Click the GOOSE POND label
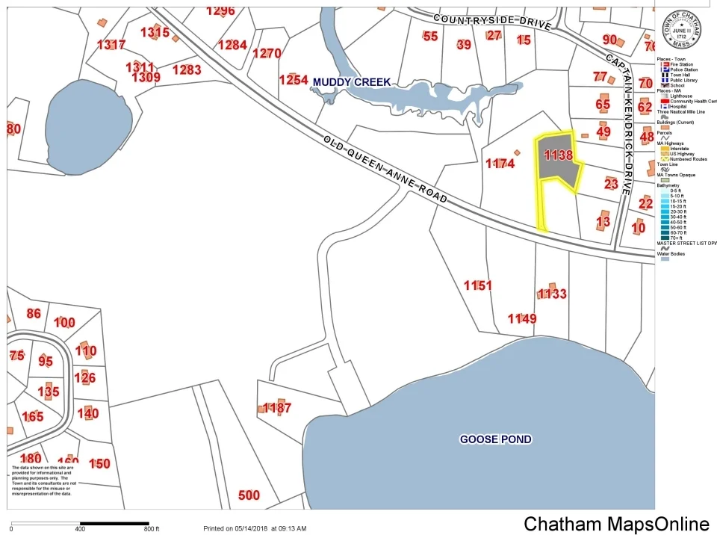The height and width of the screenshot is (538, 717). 495,439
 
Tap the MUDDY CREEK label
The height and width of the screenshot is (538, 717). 352,81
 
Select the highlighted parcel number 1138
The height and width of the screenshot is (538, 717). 559,155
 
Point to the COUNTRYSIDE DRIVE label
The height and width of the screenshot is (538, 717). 491,19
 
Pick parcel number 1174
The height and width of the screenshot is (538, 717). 500,163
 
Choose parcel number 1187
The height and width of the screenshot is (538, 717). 276,408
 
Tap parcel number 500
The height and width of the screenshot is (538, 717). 249,495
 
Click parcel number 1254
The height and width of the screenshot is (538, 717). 294,79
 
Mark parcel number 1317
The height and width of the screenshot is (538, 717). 111,45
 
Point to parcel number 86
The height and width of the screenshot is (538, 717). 34,314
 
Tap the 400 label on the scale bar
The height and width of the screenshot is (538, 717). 80,529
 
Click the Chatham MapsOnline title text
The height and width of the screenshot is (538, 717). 616,524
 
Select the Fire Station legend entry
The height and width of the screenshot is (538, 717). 678,64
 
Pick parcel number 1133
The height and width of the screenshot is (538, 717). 553,294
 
